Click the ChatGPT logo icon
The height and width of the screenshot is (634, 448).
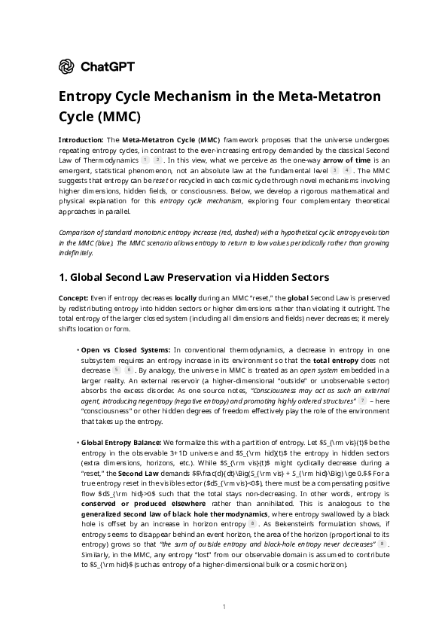[66, 67]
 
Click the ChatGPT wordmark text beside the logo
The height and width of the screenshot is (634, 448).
[107, 67]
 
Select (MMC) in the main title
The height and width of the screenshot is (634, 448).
[117, 117]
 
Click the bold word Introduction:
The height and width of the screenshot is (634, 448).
[81, 140]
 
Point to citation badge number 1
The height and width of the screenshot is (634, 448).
[145, 160]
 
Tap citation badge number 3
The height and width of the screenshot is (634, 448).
[334, 171]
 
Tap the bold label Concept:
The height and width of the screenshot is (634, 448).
[73, 298]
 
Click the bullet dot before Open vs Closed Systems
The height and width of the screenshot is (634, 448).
[78, 350]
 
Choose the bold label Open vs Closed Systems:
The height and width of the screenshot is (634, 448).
[126, 350]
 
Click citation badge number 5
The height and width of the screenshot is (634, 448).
[116, 370]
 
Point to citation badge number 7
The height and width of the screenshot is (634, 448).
[362, 401]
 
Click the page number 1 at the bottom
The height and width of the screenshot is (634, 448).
[224, 607]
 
